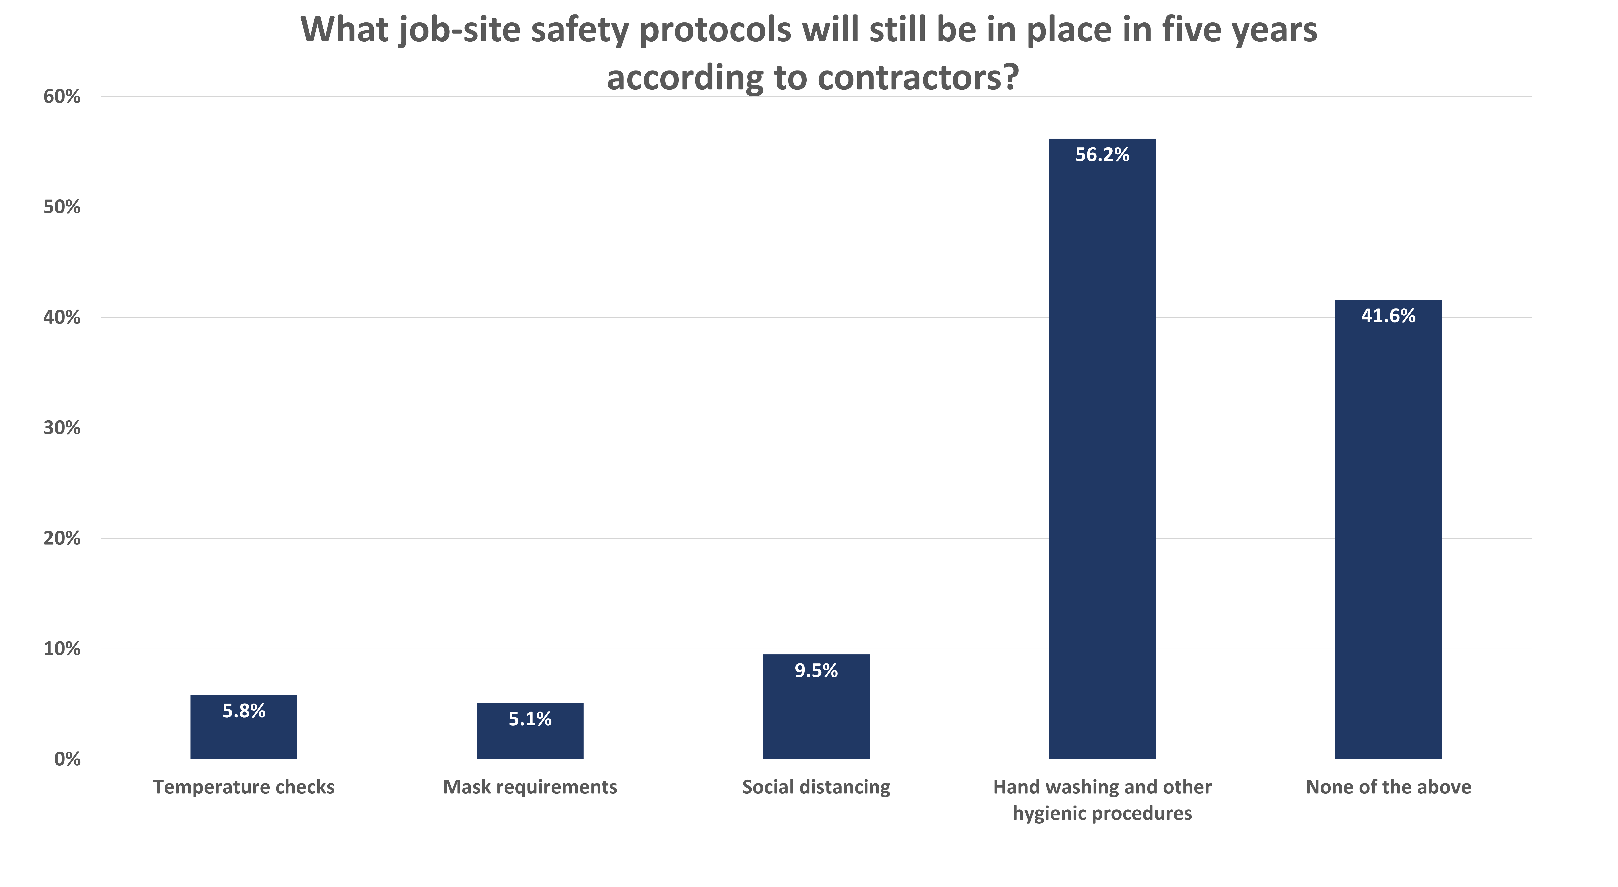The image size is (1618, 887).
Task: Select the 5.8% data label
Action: [x=244, y=711]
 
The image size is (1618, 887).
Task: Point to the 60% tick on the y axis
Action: [x=61, y=97]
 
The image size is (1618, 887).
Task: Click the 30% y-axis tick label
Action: [x=61, y=428]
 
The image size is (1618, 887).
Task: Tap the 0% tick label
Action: [x=67, y=760]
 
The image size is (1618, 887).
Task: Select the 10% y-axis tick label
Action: [x=61, y=649]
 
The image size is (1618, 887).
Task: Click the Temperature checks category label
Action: [x=244, y=787]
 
